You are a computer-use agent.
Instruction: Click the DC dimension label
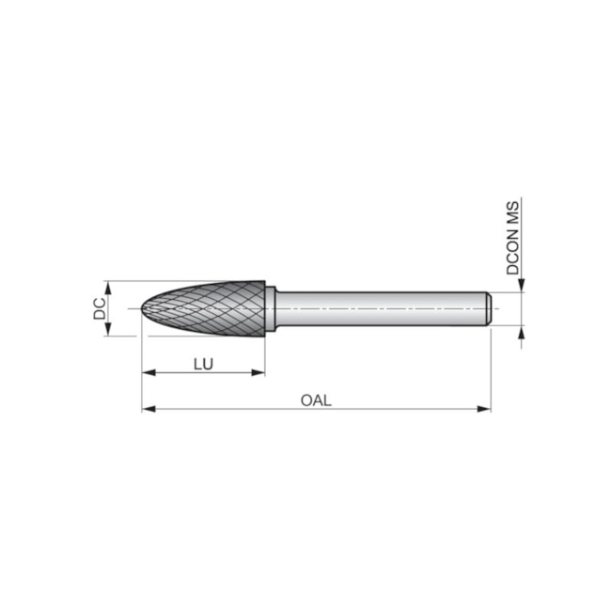click(x=100, y=307)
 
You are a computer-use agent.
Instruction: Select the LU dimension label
click(x=203, y=362)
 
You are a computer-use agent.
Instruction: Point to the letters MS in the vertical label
click(x=513, y=213)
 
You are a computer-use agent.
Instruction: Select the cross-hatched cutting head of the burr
click(x=211, y=307)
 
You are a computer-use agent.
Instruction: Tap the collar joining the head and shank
click(x=271, y=308)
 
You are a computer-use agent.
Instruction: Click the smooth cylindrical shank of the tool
click(x=376, y=308)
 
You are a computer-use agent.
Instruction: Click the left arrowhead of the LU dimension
click(x=148, y=373)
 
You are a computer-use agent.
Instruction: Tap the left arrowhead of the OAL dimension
click(x=148, y=409)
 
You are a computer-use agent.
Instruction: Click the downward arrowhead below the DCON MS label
click(x=520, y=286)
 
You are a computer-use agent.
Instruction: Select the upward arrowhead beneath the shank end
click(x=520, y=332)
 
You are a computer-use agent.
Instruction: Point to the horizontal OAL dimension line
click(x=376, y=409)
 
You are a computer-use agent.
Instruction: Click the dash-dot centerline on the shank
click(x=395, y=308)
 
